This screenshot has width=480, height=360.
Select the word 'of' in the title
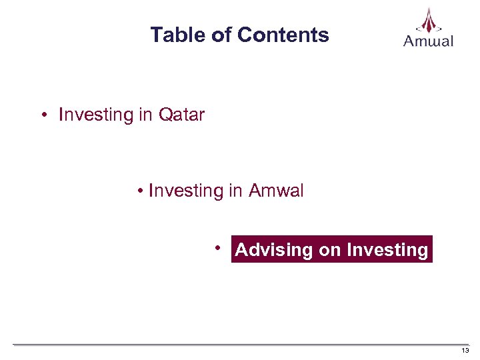pos(221,35)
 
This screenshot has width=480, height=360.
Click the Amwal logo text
pos(428,41)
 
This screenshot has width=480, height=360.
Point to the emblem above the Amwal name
pos(428,20)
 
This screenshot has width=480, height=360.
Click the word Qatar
pos(181,115)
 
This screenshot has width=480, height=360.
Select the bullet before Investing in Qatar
pos(43,115)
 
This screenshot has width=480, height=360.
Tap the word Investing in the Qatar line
pos(96,115)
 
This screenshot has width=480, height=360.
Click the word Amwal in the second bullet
pos(276,191)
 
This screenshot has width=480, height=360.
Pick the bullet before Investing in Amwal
pos(141,192)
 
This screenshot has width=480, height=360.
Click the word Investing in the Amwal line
pos(186,191)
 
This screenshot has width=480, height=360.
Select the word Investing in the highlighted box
pos(387,250)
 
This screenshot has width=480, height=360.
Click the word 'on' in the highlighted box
pos(329,250)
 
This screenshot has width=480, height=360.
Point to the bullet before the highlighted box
pos(218,248)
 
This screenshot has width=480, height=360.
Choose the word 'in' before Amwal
pos(235,191)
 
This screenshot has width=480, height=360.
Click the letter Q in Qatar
pos(165,115)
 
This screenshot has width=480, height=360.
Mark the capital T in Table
pos(156,35)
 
